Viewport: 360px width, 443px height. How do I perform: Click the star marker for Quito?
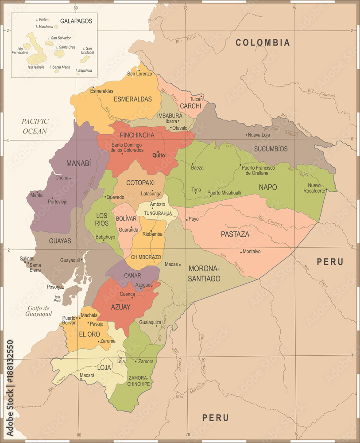tap(158, 152)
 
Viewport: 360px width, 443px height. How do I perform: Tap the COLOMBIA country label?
tap(263, 43)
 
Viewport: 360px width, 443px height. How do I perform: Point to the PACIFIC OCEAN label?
tap(35, 126)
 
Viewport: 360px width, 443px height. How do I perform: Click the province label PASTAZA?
tap(235, 234)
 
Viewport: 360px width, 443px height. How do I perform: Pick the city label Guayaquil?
tap(70, 260)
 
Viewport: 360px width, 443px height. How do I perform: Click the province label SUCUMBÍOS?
tap(271, 149)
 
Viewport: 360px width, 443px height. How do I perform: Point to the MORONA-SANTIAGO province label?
tap(204, 273)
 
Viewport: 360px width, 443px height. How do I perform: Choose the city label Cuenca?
tap(128, 294)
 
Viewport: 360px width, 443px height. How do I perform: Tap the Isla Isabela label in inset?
tap(36, 67)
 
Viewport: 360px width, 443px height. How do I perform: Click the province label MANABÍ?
tap(78, 163)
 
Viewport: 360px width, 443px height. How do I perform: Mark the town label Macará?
tap(87, 375)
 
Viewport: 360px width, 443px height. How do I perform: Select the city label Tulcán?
tap(196, 99)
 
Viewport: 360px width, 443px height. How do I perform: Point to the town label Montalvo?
tap(252, 252)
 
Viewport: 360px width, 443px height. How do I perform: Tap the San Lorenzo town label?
tap(139, 74)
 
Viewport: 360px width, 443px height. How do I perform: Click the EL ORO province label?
tap(89, 334)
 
